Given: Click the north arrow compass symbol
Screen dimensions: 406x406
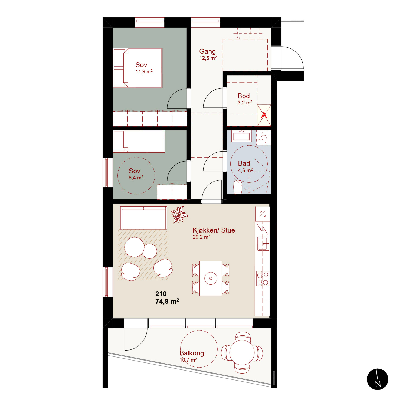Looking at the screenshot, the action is pyautogui.click(x=377, y=379).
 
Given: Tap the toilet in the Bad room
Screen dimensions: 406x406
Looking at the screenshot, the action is pyautogui.click(x=238, y=187).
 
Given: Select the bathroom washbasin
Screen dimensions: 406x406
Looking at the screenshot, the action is pyautogui.click(x=241, y=136).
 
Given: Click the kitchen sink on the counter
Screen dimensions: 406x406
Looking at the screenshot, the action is pyautogui.click(x=263, y=243).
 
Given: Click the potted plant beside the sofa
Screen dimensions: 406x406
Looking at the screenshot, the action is pyautogui.click(x=179, y=215).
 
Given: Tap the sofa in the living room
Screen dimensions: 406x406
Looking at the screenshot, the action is pyautogui.click(x=143, y=218).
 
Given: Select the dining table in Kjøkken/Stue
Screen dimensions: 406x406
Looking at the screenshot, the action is pyautogui.click(x=211, y=278).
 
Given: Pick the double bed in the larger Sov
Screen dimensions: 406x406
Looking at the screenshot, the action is pyautogui.click(x=137, y=68).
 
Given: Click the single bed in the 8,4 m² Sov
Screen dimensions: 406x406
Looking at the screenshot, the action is pyautogui.click(x=139, y=141).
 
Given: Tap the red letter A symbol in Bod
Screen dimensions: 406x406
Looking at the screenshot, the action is pyautogui.click(x=264, y=115).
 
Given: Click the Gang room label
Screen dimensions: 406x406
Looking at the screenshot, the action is pyautogui.click(x=208, y=51).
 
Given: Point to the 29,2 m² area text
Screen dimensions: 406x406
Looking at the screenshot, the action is pyautogui.click(x=201, y=237).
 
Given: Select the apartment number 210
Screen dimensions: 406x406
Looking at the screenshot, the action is pyautogui.click(x=161, y=294).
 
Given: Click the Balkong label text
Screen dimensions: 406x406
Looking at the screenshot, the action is pyautogui.click(x=192, y=353).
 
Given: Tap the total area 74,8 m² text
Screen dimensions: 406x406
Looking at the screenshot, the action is pyautogui.click(x=167, y=301).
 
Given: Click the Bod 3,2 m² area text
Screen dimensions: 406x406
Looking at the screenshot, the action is pyautogui.click(x=245, y=103).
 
